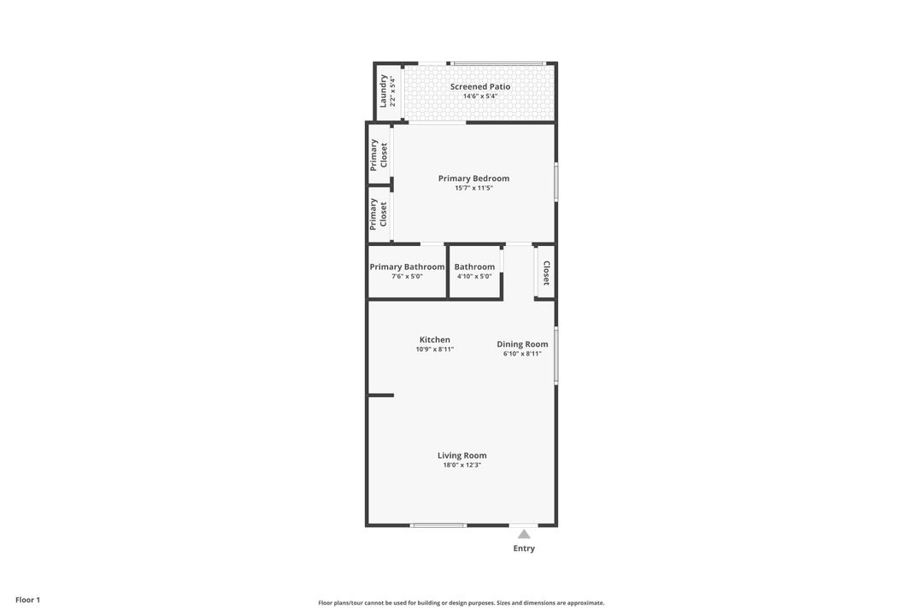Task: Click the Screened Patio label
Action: tap(480, 86)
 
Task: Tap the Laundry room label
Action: tap(383, 91)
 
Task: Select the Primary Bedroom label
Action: tap(473, 179)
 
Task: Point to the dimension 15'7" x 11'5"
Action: tap(473, 188)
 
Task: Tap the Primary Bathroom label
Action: tap(407, 266)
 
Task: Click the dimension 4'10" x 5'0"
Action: tap(474, 277)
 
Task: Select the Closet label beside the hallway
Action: tap(546, 272)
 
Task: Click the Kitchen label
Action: tap(434, 340)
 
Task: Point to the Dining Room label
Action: tap(522, 344)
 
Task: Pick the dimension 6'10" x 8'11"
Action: tap(522, 354)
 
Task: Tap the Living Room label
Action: tap(461, 455)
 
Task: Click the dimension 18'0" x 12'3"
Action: tap(461, 466)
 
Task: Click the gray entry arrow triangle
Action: tap(524, 535)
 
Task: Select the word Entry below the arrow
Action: tap(524, 548)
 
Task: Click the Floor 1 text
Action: tap(27, 600)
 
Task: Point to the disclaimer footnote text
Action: tap(461, 603)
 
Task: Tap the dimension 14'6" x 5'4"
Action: tap(480, 97)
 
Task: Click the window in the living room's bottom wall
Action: tap(438, 525)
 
